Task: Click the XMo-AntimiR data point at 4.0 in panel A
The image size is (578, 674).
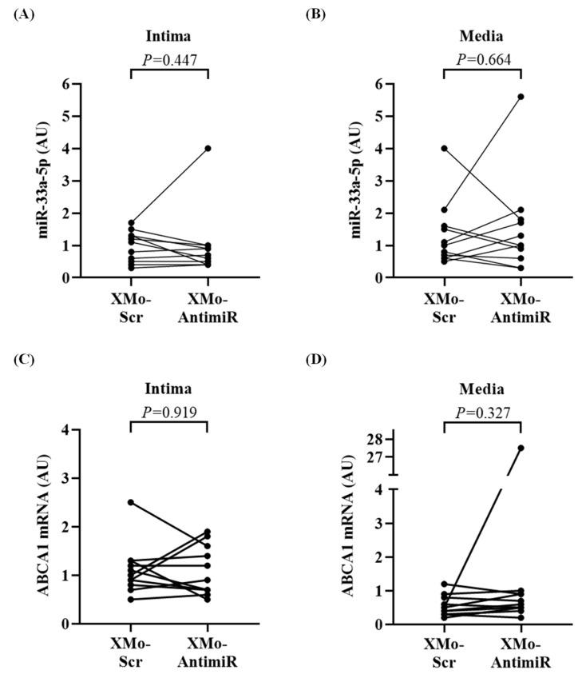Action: [208, 148]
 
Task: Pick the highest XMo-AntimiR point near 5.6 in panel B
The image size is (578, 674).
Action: [521, 97]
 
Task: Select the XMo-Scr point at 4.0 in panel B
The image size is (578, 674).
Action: [444, 148]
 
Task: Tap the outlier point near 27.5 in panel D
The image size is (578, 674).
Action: [521, 448]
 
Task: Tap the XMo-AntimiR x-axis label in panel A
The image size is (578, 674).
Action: [208, 310]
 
